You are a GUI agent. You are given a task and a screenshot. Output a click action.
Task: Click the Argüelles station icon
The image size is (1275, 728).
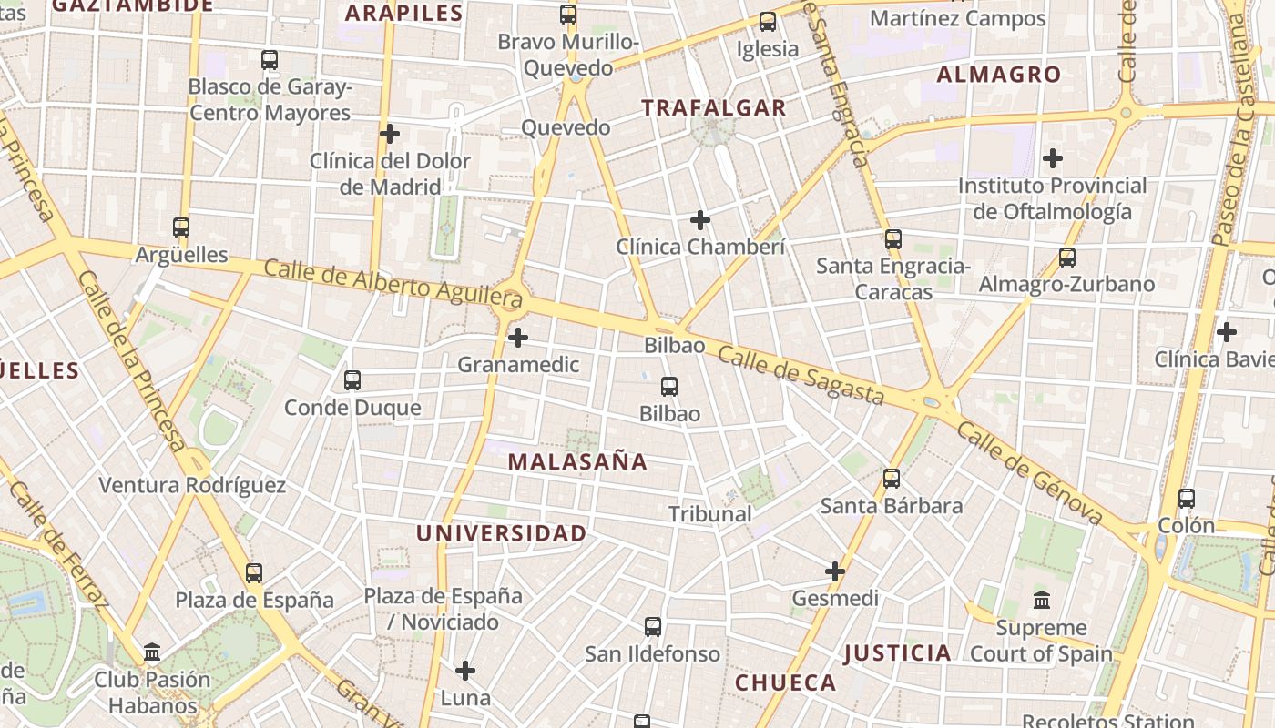(x=181, y=227)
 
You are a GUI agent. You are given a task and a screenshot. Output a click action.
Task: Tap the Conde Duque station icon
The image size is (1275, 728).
(x=352, y=380)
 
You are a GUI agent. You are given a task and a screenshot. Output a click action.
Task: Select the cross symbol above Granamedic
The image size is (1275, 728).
(x=518, y=338)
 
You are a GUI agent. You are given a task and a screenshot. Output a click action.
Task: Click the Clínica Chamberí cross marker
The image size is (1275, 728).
(x=700, y=220)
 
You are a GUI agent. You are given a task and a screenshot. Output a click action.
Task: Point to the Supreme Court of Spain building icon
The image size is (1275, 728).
(x=1042, y=601)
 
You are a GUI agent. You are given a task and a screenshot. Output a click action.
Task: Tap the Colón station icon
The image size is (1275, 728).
(x=1186, y=499)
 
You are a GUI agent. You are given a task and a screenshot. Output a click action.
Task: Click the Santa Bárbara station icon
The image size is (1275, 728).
(x=892, y=479)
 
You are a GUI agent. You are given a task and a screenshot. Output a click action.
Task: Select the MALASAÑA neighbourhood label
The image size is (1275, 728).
(x=577, y=462)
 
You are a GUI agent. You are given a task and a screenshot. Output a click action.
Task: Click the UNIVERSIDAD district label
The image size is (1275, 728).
(x=502, y=534)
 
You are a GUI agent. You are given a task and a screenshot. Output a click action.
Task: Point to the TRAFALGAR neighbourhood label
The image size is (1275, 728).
(x=713, y=108)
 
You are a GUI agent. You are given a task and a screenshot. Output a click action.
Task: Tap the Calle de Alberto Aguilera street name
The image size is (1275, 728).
(x=393, y=283)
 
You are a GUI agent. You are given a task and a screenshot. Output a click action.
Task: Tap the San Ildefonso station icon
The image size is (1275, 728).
(x=653, y=627)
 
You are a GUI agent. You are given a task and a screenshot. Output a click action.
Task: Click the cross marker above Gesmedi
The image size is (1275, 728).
(x=835, y=571)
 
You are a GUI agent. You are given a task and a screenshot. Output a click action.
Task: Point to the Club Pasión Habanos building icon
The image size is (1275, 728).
(x=152, y=652)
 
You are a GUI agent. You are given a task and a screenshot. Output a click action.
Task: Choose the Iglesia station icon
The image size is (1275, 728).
(x=768, y=22)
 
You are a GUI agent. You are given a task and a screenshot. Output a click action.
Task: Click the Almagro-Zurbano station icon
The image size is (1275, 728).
(x=1066, y=258)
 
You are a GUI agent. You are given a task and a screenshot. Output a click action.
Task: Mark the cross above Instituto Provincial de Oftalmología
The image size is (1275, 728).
(x=1053, y=158)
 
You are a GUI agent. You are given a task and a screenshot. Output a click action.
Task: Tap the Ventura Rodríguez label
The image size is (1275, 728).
(x=192, y=485)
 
